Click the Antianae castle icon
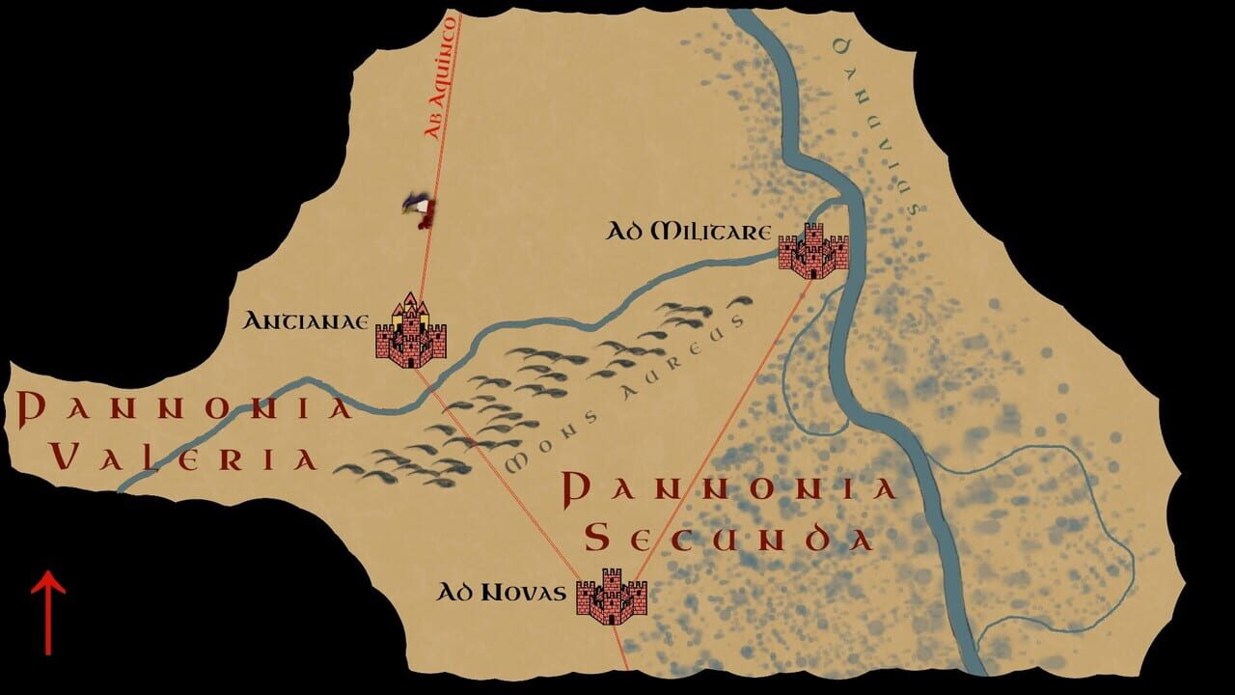click(411, 333)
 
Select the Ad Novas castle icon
click(611, 597)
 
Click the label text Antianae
click(307, 320)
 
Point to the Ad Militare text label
click(688, 233)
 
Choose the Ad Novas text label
click(500, 593)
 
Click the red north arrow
click(47, 612)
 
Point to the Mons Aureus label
click(626, 395)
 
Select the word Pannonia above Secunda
click(729, 488)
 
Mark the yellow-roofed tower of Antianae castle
click(411, 298)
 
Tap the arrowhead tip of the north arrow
click(47, 575)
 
